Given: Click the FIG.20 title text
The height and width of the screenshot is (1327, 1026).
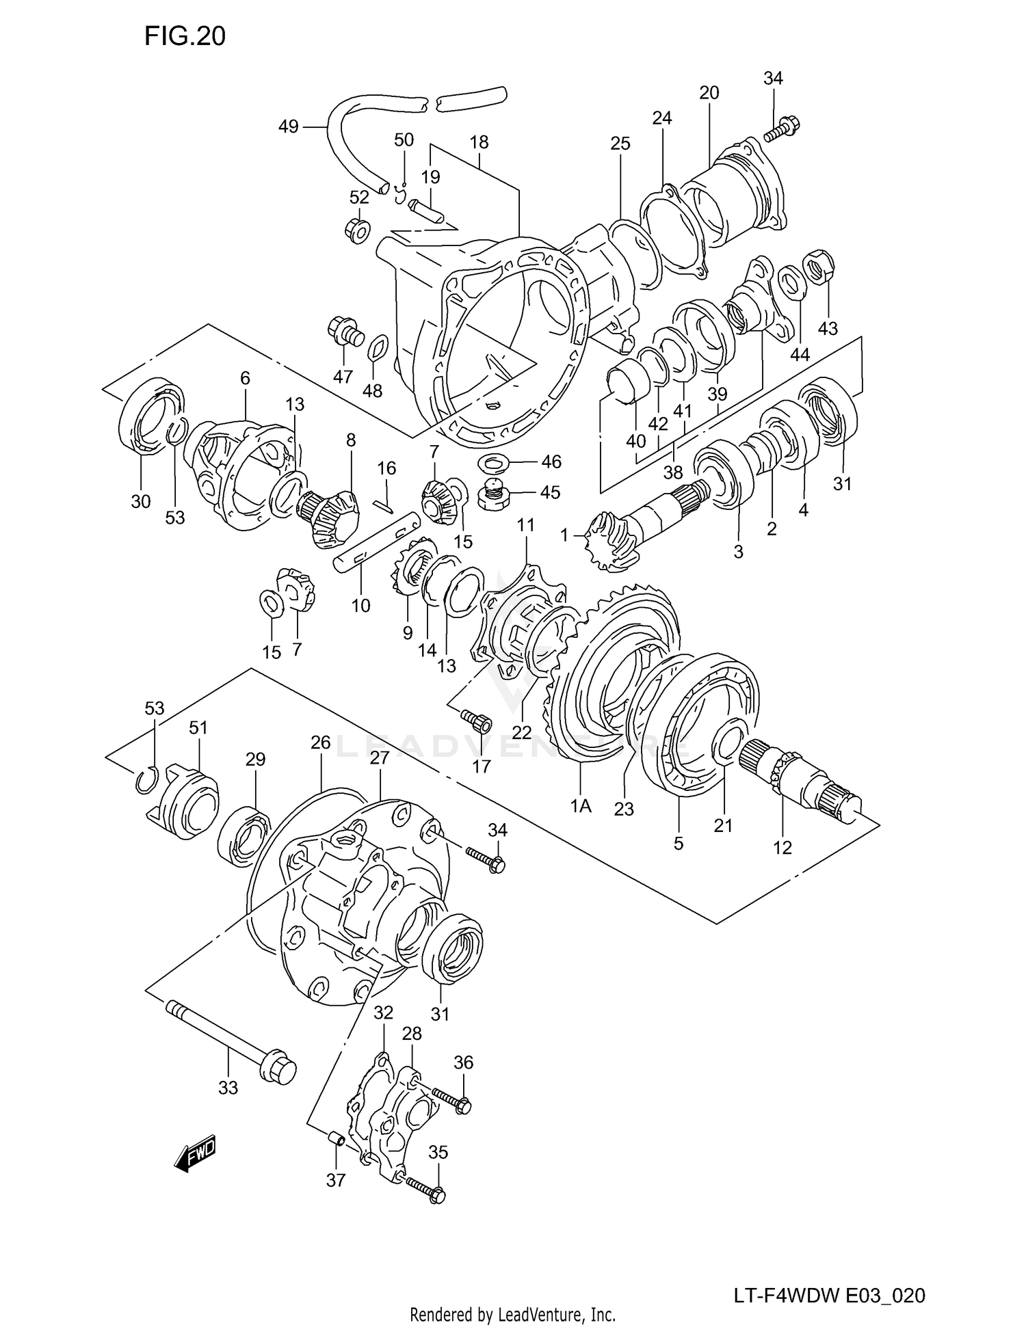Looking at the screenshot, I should [x=185, y=36].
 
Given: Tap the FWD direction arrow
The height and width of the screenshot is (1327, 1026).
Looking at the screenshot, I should [x=195, y=1155].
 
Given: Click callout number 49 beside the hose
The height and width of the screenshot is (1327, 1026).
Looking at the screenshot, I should [x=289, y=126].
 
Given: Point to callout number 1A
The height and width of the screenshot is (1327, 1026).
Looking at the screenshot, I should [x=581, y=806].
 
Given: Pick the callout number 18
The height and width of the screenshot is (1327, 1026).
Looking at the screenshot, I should [x=479, y=142].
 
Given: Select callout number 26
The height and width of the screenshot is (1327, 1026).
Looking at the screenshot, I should [x=320, y=742].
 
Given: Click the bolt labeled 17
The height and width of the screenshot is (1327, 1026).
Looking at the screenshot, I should [x=477, y=720].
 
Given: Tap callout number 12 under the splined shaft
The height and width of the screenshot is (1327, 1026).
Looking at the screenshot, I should [x=782, y=847].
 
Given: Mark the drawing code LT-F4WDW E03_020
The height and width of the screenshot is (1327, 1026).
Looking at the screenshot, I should [x=830, y=1295].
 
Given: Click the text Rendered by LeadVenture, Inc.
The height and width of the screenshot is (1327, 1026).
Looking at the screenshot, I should [x=512, y=1314].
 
